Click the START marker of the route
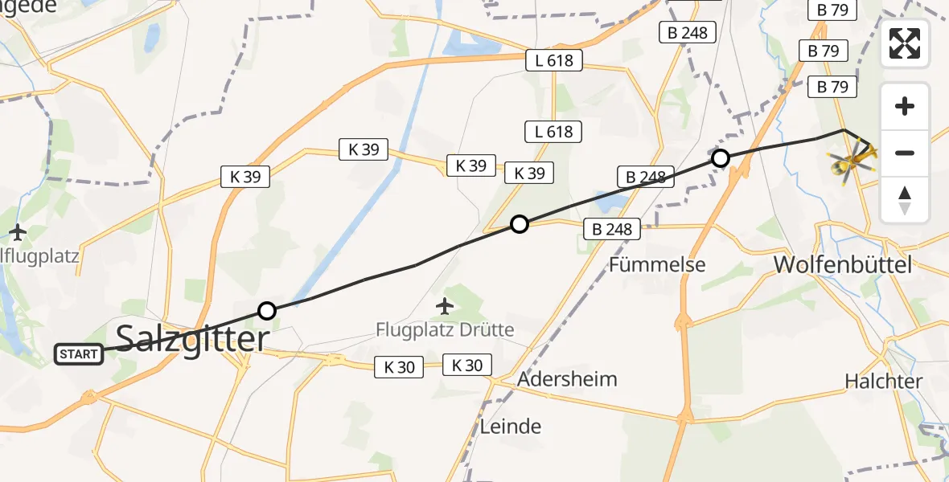click(x=79, y=353)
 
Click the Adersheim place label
click(x=568, y=379)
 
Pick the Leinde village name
click(x=511, y=426)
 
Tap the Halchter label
click(x=883, y=381)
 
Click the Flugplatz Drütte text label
click(x=445, y=329)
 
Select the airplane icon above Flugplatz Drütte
click(x=444, y=305)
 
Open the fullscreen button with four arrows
click(x=905, y=43)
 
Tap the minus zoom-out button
click(x=905, y=153)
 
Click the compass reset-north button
click(x=905, y=199)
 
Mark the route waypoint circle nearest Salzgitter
click(x=267, y=311)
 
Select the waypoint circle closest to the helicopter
click(x=721, y=158)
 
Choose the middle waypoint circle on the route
click(x=520, y=224)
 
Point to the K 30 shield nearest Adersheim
click(x=466, y=366)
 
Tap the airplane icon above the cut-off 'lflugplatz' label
click(x=18, y=233)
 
